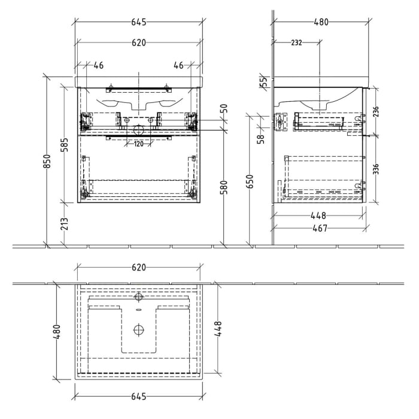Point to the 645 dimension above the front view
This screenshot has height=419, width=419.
138,23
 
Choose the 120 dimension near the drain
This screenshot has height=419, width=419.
138,144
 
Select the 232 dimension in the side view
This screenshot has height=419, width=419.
296,42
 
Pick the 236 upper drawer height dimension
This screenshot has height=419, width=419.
376,111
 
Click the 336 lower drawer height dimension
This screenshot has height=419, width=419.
376,170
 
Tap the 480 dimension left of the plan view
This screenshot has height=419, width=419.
57,330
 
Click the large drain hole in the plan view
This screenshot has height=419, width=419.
139,329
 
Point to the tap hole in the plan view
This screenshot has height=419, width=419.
139,296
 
